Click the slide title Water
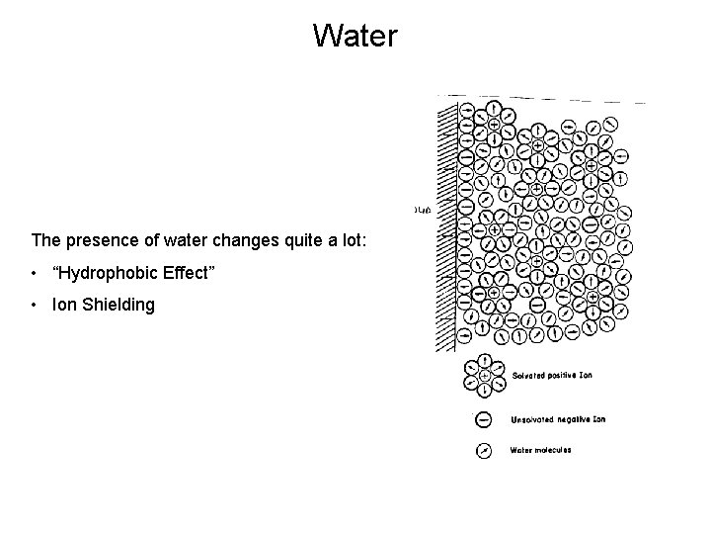click(355, 37)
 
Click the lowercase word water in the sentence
click(167, 240)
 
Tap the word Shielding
click(118, 305)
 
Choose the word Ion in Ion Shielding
click(64, 305)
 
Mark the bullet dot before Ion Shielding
click(36, 305)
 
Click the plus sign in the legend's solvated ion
click(485, 377)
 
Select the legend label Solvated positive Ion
click(552, 377)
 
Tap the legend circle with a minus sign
click(485, 418)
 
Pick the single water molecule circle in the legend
click(485, 451)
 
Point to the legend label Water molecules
click(540, 451)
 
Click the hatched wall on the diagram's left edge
click(447, 227)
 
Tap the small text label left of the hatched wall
click(422, 210)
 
